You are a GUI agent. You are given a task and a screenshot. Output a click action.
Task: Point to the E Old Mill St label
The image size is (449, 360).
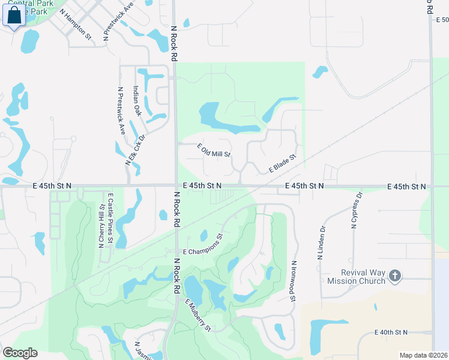click(x=214, y=151)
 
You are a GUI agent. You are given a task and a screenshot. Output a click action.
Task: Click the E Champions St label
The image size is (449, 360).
click(x=203, y=244)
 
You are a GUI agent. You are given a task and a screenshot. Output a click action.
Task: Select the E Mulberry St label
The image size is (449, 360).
click(x=198, y=315)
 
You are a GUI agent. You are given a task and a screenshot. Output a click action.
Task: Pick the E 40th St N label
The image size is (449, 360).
click(x=391, y=332)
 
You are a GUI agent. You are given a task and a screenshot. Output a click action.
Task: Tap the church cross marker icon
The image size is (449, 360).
click(x=394, y=276)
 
